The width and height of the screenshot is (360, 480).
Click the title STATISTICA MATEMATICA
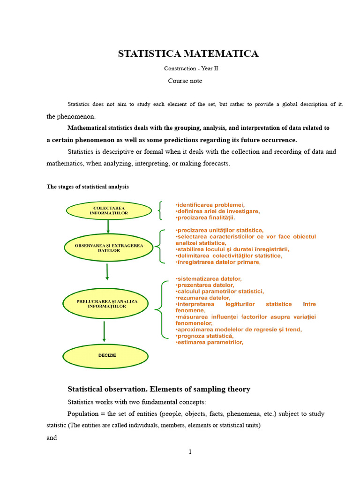pyautogui.click(x=188, y=53)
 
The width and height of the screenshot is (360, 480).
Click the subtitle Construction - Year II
pyautogui.click(x=188, y=68)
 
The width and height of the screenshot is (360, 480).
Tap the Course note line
pyautogui.click(x=185, y=81)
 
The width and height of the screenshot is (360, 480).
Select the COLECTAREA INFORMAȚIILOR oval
pyautogui.click(x=109, y=210)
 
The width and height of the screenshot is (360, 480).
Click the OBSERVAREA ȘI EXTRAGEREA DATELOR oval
pyautogui.click(x=109, y=248)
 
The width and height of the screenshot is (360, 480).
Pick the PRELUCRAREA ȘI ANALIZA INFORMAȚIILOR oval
pyautogui.click(x=107, y=304)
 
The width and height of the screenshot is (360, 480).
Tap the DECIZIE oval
pyautogui.click(x=107, y=355)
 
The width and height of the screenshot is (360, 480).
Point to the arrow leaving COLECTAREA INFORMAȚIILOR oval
pyautogui.click(x=108, y=226)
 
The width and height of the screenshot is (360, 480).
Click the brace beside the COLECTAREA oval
pyautogui.click(x=161, y=210)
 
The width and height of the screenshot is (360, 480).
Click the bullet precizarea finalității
pyautogui.click(x=205, y=217)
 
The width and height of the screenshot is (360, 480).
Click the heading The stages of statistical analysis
pyautogui.click(x=87, y=187)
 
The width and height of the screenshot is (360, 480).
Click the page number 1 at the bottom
pyautogui.click(x=190, y=452)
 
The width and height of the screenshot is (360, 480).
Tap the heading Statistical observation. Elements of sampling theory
pyautogui.click(x=159, y=389)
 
